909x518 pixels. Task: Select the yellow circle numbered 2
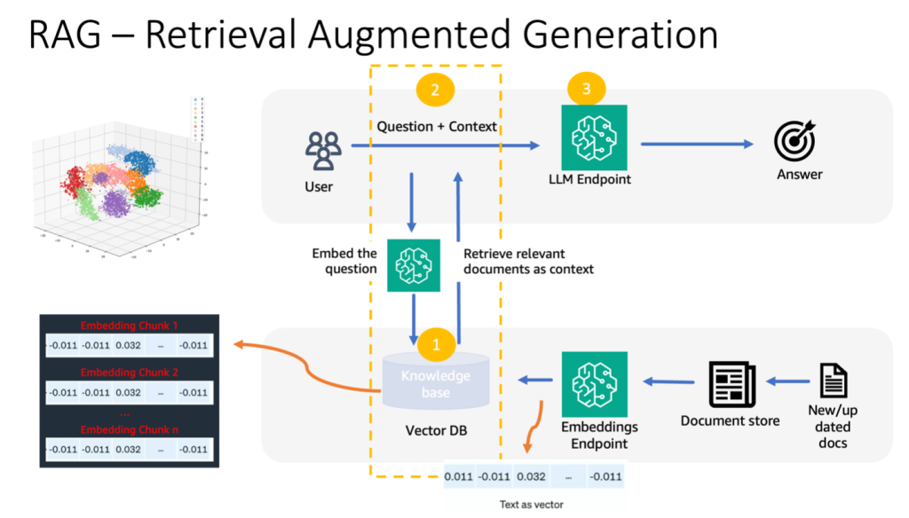[x=434, y=89]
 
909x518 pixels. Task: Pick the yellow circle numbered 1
[x=435, y=342]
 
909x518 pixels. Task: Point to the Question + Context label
[x=437, y=126]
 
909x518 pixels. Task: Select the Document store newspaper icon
[x=731, y=383]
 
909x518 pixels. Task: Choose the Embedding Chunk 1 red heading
[x=129, y=325]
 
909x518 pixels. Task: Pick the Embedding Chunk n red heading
[x=129, y=429]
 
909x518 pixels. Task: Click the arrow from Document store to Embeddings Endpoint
[x=669, y=381]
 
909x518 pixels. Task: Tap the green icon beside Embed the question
[x=414, y=265]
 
